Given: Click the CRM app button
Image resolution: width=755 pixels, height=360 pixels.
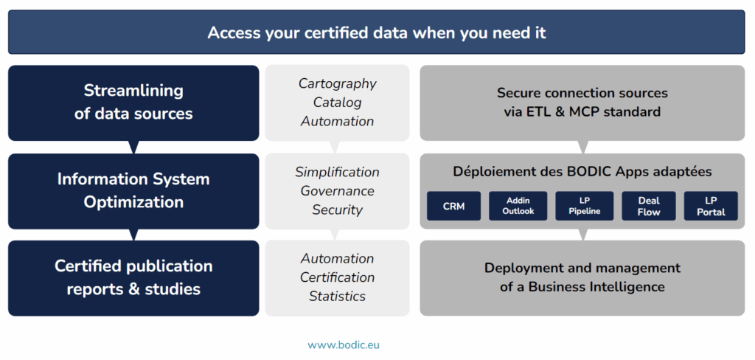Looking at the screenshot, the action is tap(453, 206).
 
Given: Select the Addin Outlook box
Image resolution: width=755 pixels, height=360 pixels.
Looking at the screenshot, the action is tap(518, 206).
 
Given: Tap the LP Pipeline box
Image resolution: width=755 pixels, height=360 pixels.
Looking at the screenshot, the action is tap(584, 206).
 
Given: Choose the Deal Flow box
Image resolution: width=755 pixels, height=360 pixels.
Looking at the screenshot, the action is tap(649, 206).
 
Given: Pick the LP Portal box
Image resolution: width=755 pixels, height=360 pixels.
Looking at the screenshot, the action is tap(711, 206).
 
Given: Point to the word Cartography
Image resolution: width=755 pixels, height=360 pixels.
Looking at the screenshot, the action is tap(338, 83).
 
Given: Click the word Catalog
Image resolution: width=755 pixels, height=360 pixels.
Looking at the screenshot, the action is tap(337, 102).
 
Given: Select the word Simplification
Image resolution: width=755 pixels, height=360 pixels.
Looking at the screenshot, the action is tap(337, 172).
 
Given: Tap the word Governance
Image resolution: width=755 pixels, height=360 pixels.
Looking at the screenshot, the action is tap(337, 191).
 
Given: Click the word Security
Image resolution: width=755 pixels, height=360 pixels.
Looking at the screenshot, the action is tap(337, 210).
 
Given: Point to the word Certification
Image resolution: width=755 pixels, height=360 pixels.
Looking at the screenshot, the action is tap(337, 277).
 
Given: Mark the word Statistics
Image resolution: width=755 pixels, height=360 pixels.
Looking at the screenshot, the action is tap(337, 296).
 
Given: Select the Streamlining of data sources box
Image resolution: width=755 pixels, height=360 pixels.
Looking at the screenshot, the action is tap(133, 103).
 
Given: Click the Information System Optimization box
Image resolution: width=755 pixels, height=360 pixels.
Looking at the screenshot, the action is tap(133, 191).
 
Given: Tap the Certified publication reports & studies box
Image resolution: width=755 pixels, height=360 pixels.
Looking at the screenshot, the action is tap(133, 278).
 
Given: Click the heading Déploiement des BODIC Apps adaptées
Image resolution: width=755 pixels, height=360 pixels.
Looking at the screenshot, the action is tap(582, 172).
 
